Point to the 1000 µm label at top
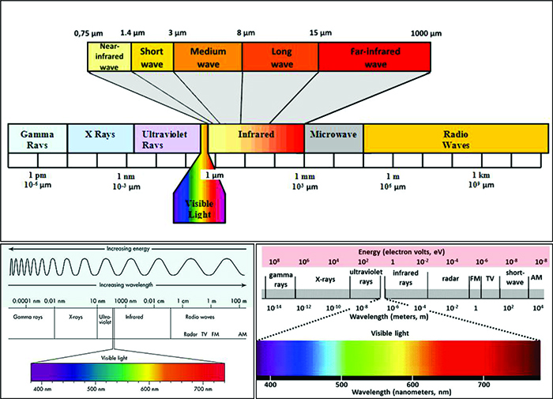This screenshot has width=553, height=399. point(426,34)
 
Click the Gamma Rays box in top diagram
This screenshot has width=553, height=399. point(37,138)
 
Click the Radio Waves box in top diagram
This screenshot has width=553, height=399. point(455,138)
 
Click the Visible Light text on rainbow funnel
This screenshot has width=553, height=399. point(199,207)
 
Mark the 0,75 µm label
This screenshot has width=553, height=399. point(89,34)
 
